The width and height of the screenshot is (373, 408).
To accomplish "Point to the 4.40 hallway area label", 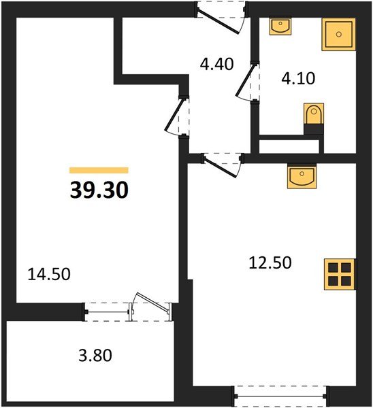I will pos(216,65).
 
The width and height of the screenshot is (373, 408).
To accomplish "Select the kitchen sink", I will pos(302,177).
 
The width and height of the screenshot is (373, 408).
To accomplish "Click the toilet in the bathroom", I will pos(313,116).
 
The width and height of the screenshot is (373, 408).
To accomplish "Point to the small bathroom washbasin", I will pos(280,26).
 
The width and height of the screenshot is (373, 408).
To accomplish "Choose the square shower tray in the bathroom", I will pos(338,34).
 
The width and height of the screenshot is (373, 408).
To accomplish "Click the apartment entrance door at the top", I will pos(221,15).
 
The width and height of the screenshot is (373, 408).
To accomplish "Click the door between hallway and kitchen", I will pos(223,163).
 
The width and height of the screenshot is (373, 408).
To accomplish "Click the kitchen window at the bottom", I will pos(280,394).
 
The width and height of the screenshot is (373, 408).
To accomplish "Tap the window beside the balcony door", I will pos(109,310).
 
